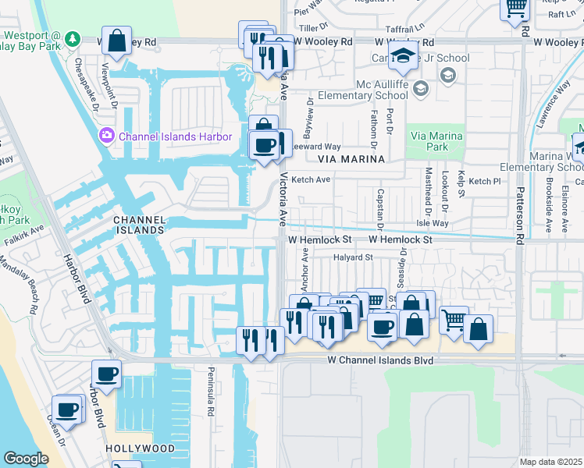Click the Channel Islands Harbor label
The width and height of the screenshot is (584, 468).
click(175, 137)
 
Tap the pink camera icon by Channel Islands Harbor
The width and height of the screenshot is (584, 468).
click(105, 136)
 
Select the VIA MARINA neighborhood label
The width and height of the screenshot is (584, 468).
click(351, 159)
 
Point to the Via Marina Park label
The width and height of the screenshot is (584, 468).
click(436, 141)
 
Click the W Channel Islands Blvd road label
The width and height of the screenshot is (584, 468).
click(380, 361)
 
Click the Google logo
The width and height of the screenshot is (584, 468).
click(26, 459)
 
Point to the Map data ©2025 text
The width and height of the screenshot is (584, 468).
click(550, 462)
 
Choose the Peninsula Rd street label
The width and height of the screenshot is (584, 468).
click(210, 391)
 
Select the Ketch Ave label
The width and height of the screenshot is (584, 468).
click(311, 180)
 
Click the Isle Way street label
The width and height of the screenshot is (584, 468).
click(433, 223)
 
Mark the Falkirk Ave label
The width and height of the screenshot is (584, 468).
click(23, 237)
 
